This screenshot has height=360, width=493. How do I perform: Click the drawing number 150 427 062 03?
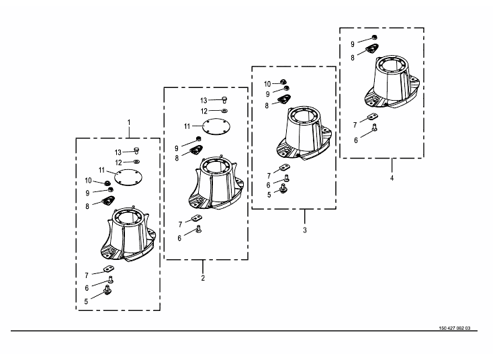455,328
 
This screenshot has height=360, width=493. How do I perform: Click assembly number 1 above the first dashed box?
128,122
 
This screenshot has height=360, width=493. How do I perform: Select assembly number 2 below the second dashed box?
203,278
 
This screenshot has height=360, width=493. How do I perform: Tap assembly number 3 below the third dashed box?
305,230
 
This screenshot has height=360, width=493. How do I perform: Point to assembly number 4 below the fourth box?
392,178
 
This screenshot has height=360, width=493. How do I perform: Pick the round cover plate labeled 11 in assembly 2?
216,126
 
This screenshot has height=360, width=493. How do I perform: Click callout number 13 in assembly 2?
204,101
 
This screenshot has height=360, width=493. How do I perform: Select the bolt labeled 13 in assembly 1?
136,150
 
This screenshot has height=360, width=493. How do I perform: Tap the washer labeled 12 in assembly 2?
224,111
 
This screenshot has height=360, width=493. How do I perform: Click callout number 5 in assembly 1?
86,302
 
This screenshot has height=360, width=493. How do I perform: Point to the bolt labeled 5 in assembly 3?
283,189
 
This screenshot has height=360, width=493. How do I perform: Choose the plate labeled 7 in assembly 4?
373,117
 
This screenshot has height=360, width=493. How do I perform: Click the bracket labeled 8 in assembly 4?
372,48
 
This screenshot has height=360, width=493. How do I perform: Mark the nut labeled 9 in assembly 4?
374,38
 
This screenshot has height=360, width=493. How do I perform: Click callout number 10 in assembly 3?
267,84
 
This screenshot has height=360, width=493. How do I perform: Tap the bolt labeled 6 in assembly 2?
198,229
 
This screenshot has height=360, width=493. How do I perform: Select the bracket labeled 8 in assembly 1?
108,200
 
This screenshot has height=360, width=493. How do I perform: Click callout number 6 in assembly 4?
356,140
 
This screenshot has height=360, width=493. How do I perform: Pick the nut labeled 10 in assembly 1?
107,183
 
